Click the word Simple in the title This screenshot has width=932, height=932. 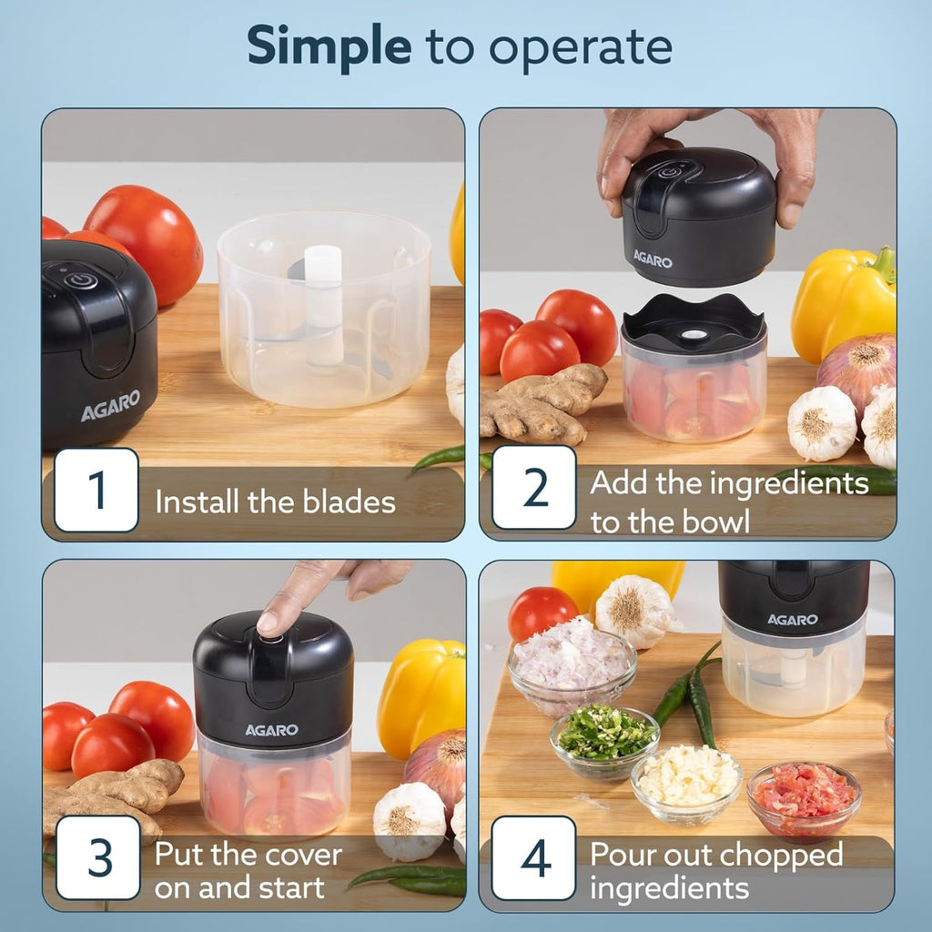point(329,46)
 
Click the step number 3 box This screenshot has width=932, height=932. point(98,857)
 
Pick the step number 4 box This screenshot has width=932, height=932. point(534,857)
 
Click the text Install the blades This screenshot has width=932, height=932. point(275,501)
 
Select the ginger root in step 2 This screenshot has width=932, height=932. point(540,403)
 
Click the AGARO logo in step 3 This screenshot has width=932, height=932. point(271,730)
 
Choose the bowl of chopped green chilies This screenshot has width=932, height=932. point(603,739)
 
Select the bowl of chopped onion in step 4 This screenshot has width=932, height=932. point(571,664)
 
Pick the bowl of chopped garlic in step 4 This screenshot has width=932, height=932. point(687,781)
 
